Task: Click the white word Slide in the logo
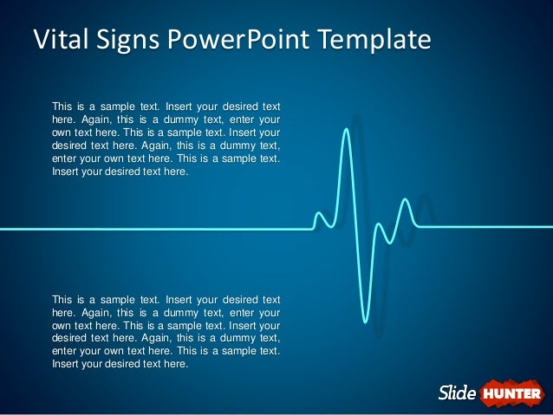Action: (x=457, y=393)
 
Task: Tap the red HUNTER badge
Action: (x=511, y=393)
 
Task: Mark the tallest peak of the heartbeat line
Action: (x=348, y=130)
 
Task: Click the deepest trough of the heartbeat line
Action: (x=367, y=321)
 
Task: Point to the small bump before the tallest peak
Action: (x=320, y=214)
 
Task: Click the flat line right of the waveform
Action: (x=485, y=228)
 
